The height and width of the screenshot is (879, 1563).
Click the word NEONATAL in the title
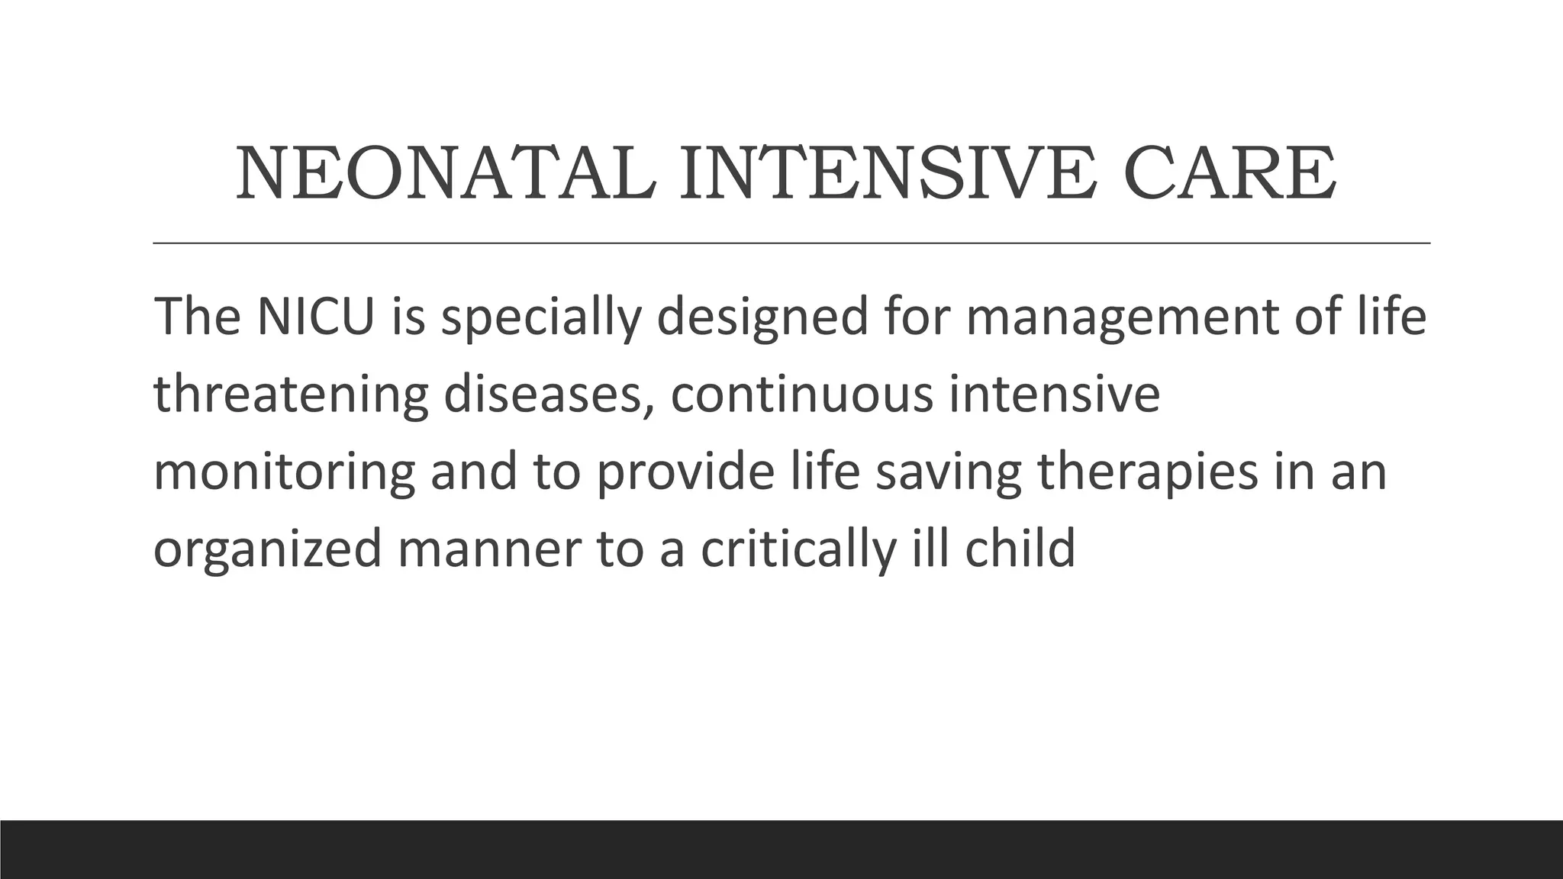tap(446, 174)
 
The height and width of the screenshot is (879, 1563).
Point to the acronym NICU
tap(315, 316)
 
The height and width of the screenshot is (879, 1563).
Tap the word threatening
tap(291, 395)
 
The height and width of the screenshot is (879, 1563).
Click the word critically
tap(798, 549)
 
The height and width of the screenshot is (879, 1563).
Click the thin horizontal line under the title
tap(791, 243)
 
